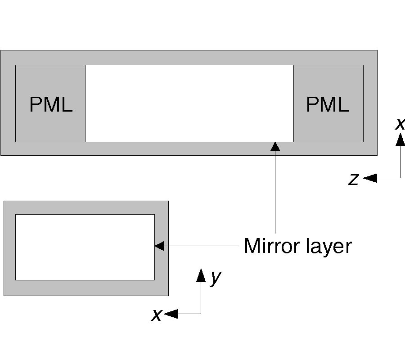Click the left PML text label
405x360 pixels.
point(50,105)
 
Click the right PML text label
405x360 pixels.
point(327,105)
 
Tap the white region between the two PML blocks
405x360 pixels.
point(189,103)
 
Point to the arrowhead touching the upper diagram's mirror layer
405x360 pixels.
point(275,146)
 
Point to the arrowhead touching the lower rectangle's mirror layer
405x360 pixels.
point(159,246)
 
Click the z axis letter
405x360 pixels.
point(354,180)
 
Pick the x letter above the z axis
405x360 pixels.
point(400,123)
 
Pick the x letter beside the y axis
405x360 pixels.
point(156,315)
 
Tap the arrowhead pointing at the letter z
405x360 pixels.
point(369,178)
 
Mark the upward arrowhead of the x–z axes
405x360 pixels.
point(400,139)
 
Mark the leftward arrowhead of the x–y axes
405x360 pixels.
point(171,314)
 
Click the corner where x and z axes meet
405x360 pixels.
point(400,178)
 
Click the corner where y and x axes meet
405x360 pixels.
point(201,314)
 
